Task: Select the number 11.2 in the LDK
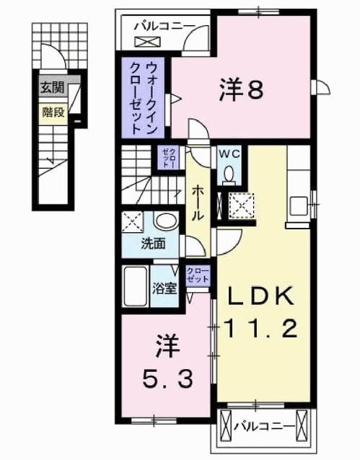pyautogui.click(x=263, y=329)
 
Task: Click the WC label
pyautogui.click(x=229, y=154)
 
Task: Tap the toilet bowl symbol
pyautogui.click(x=229, y=173)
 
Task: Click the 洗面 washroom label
pyautogui.click(x=153, y=244)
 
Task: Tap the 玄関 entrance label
pyautogui.click(x=51, y=89)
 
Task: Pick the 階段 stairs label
pyautogui.click(x=51, y=112)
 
